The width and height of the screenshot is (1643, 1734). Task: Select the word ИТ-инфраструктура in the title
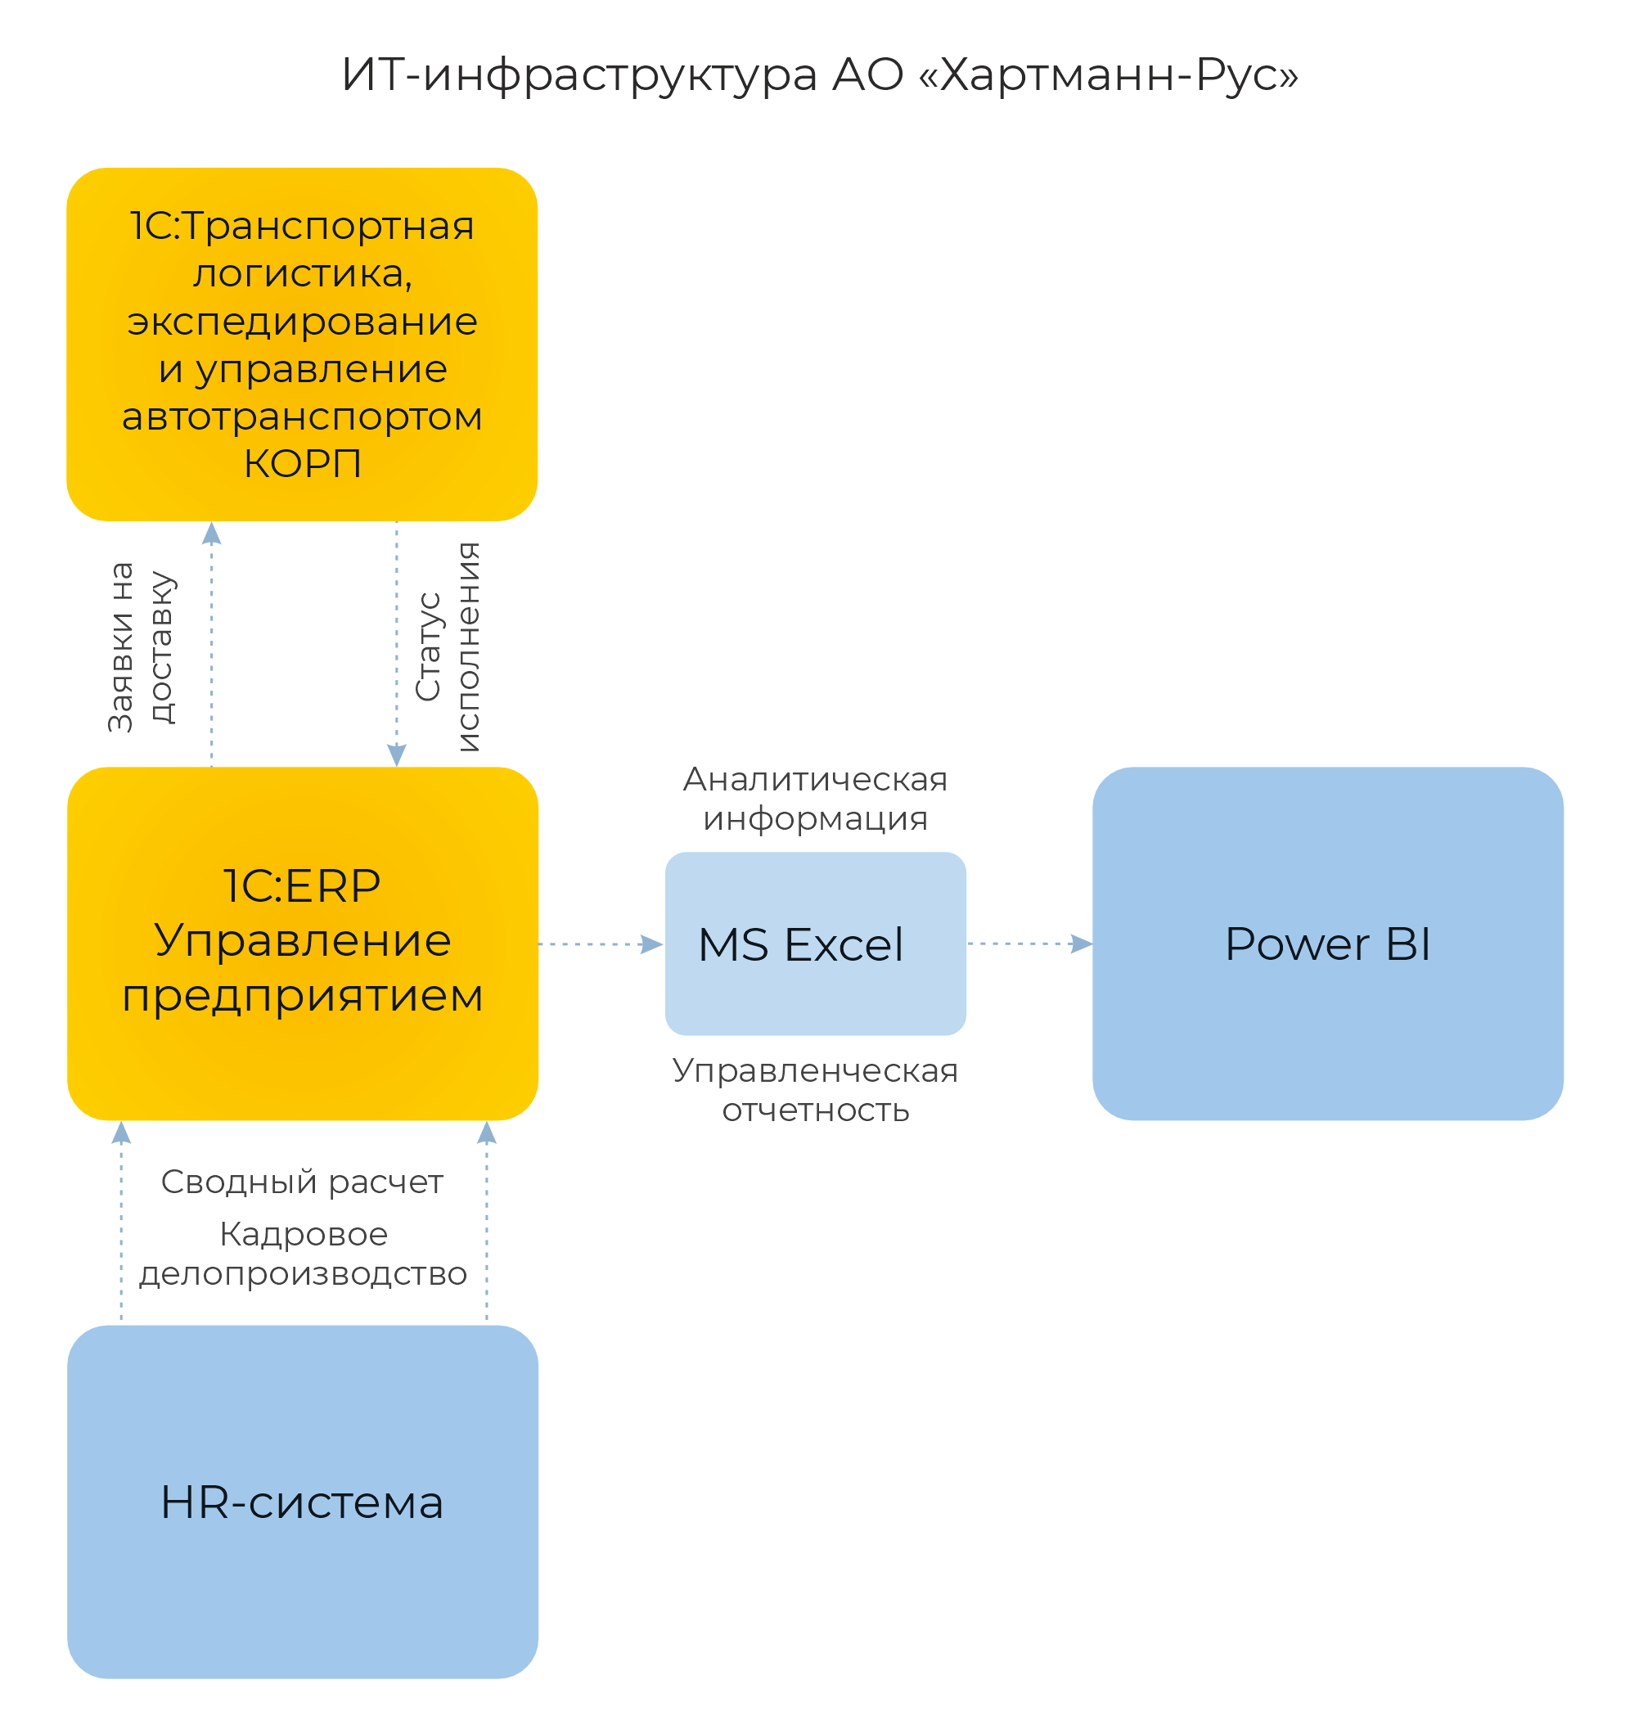point(578,75)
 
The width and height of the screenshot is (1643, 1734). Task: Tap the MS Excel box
point(814,944)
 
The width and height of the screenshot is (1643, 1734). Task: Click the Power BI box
point(1327,944)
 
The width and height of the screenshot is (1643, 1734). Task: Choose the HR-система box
point(302,1502)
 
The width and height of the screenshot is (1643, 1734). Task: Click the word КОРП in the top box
point(302,464)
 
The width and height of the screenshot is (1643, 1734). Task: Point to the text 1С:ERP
point(302,886)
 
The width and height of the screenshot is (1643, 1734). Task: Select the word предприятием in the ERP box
point(302,997)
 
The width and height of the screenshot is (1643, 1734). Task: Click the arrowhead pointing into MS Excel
point(652,944)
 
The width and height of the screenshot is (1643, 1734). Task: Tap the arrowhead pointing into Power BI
point(1083,944)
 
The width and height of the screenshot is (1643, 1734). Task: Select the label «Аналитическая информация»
point(814,799)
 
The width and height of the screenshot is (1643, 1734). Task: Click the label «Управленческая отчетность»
point(814,1090)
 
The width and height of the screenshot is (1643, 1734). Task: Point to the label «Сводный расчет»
point(302,1182)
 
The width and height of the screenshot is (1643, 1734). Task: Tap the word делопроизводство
point(302,1274)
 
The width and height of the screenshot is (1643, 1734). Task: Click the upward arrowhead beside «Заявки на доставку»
point(211,534)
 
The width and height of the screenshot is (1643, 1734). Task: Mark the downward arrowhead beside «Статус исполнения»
point(397,755)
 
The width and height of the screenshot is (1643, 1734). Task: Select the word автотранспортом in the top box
point(302,417)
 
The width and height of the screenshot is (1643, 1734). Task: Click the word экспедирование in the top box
point(302,322)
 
